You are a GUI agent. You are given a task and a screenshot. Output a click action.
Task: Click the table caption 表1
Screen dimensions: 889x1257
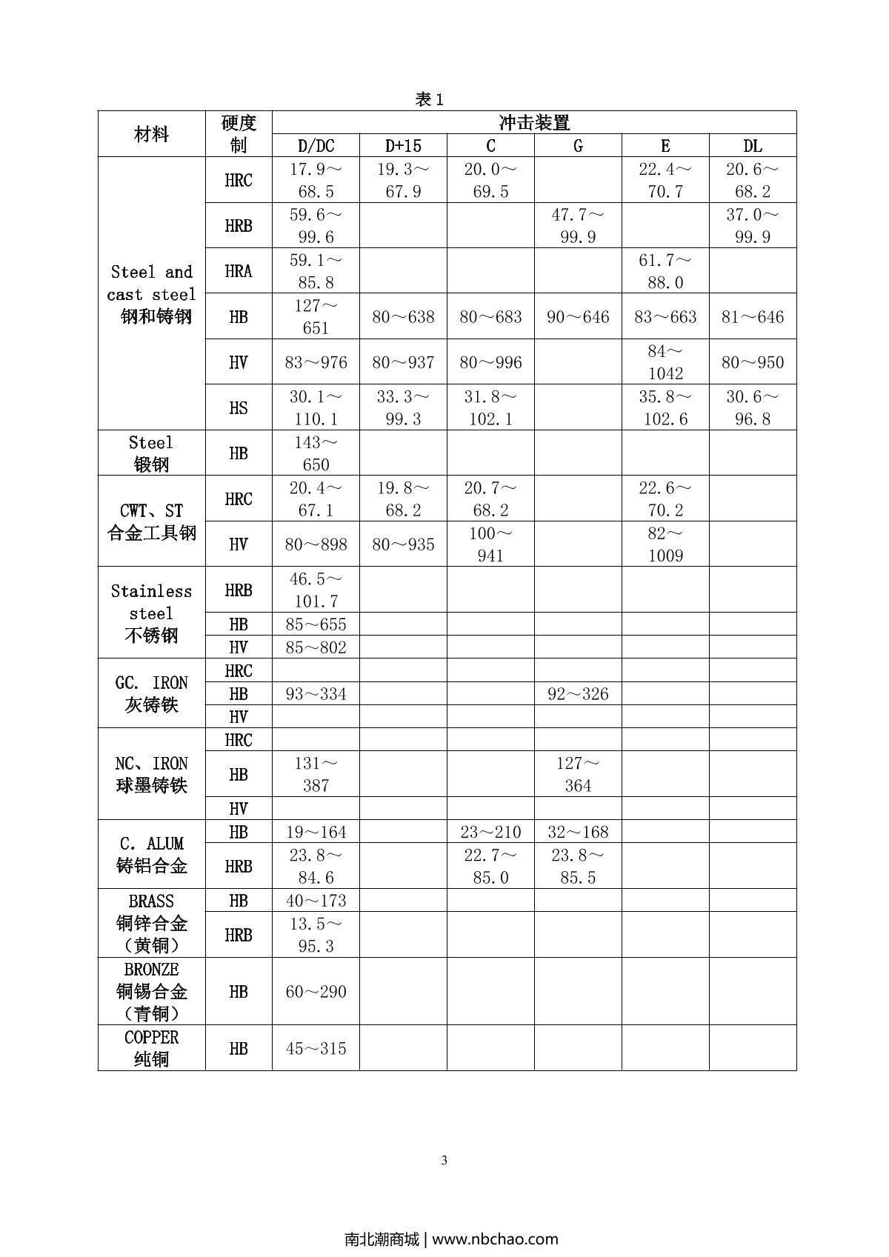pos(429,100)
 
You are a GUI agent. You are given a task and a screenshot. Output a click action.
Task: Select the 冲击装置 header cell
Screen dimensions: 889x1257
pos(534,123)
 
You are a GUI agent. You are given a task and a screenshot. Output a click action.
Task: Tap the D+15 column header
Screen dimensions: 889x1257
pos(403,146)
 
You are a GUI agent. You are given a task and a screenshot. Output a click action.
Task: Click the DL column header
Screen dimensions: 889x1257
pos(753,146)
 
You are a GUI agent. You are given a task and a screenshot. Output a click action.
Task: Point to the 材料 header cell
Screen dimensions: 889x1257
pos(151,134)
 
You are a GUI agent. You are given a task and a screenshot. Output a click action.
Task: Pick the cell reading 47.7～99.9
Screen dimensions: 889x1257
pos(578,226)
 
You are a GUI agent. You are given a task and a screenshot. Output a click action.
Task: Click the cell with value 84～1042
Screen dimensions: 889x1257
pos(665,362)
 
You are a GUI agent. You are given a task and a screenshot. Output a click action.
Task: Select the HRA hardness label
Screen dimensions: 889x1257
pos(239,271)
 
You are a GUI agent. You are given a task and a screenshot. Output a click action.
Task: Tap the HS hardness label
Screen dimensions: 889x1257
pos(239,407)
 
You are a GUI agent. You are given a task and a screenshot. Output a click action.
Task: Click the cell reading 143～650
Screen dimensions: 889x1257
pos(316,453)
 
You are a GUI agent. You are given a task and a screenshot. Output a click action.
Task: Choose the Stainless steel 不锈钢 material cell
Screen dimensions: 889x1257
pos(151,613)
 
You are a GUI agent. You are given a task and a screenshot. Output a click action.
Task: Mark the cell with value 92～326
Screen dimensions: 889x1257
pos(578,694)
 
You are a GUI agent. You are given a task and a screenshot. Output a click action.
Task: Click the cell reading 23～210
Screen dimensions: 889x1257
pos(490,832)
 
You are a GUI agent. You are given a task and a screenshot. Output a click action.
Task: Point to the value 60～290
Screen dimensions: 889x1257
pos(316,992)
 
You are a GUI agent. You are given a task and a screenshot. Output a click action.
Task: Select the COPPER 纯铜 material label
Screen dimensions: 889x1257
pos(151,1048)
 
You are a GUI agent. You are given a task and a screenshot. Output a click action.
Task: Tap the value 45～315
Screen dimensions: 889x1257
pos(316,1049)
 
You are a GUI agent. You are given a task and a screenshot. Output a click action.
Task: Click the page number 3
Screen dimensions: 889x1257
pos(444,1161)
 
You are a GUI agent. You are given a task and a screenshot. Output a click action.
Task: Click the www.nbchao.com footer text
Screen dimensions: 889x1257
pos(495,1238)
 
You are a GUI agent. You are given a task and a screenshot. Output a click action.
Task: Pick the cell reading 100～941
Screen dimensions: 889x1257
pos(490,544)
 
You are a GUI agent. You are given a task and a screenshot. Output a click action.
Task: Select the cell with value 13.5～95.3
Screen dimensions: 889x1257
pos(316,935)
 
